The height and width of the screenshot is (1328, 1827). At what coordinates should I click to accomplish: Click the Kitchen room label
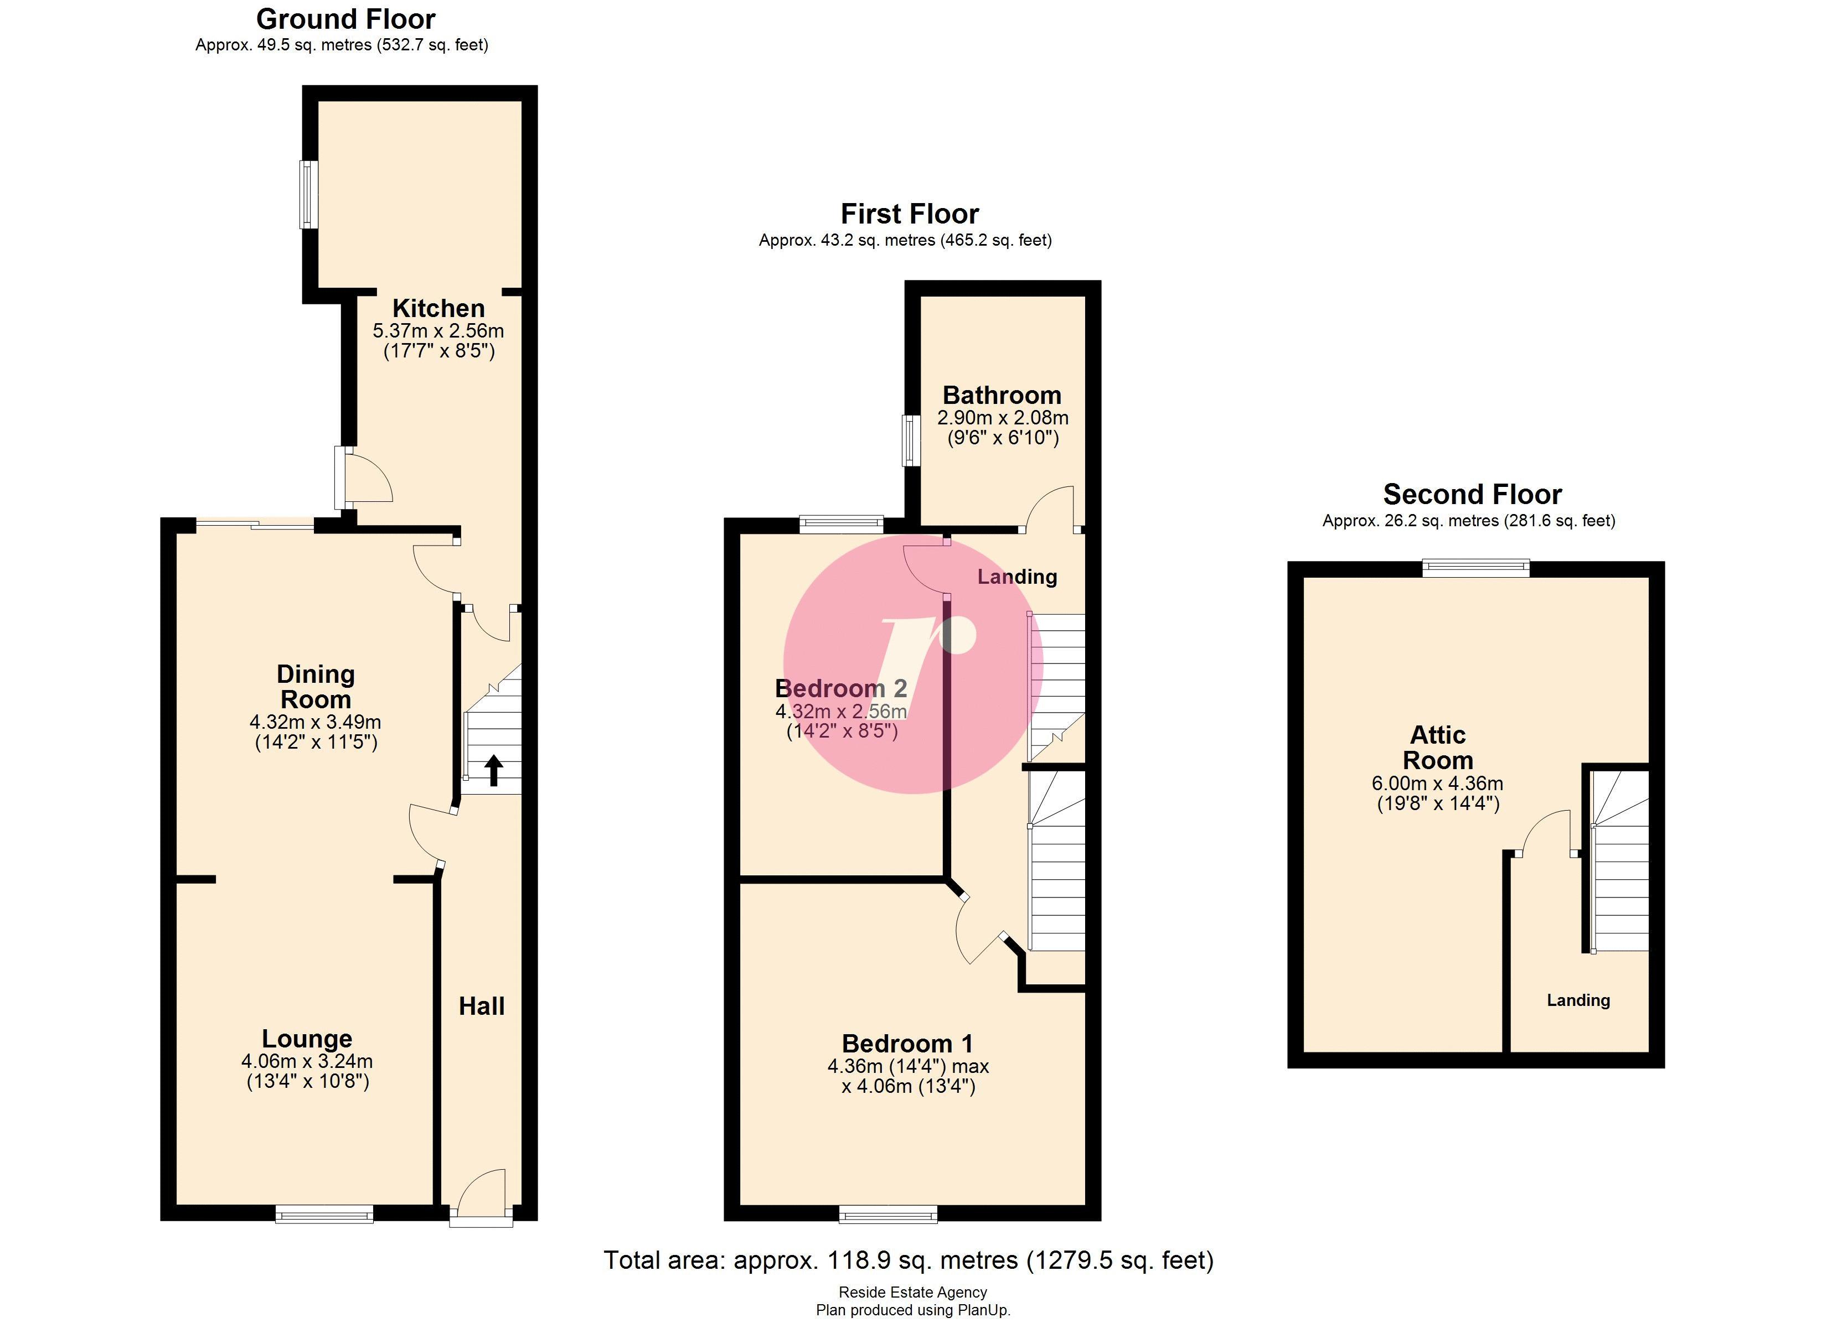pyautogui.click(x=438, y=308)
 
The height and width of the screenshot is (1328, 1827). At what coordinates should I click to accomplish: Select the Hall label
pyautogui.click(x=482, y=1006)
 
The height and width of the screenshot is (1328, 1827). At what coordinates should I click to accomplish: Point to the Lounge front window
pyautogui.click(x=324, y=1213)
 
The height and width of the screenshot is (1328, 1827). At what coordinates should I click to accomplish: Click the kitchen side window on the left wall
pyautogui.click(x=308, y=194)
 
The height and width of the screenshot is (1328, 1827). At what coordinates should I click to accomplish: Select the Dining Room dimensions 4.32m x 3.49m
pyautogui.click(x=315, y=723)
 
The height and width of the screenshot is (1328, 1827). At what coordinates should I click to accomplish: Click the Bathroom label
pyautogui.click(x=1002, y=396)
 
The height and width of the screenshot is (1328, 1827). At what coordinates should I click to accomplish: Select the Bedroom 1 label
pyautogui.click(x=907, y=1044)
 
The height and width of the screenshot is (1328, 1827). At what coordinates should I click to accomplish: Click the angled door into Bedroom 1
pyautogui.click(x=979, y=932)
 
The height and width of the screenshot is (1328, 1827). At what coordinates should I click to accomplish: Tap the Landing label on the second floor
pyautogui.click(x=1577, y=1000)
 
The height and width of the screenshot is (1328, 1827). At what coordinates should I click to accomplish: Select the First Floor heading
pyautogui.click(x=910, y=214)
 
